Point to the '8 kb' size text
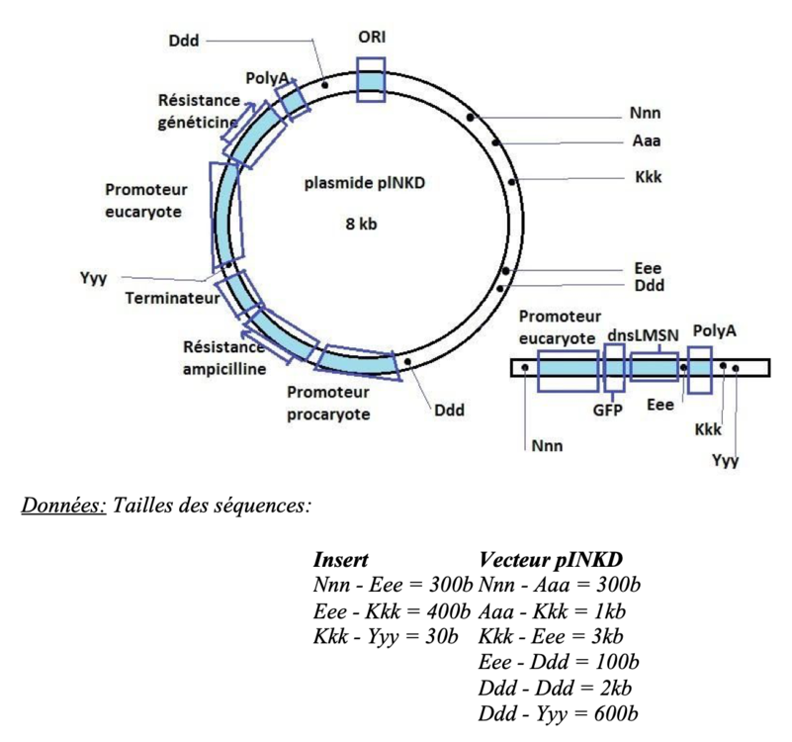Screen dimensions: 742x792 pyautogui.click(x=361, y=224)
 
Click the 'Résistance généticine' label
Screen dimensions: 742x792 pyautogui.click(x=198, y=112)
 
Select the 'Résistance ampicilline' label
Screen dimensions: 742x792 pyautogui.click(x=223, y=358)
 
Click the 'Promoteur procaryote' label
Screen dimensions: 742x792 pyautogui.click(x=329, y=404)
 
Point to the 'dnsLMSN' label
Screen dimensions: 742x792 pyautogui.click(x=643, y=334)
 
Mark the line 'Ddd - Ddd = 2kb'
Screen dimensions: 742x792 pyautogui.click(x=555, y=688)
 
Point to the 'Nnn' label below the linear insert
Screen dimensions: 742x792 pyautogui.click(x=546, y=446)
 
